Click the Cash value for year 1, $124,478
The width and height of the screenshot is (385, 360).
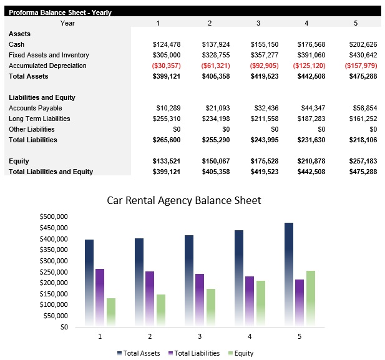coord(166,44)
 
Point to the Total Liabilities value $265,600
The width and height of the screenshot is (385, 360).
coord(166,140)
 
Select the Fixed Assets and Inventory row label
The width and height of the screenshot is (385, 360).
coord(49,55)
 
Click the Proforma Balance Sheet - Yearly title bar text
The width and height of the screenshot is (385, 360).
coord(60,12)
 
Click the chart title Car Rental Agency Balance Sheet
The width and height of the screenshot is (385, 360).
coord(184,200)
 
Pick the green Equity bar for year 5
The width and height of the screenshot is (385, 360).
coord(310,298)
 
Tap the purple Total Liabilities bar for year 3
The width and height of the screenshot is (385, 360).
coord(200,299)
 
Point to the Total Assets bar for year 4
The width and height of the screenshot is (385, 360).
coord(239,278)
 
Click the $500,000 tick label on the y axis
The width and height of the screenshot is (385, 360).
coord(53,216)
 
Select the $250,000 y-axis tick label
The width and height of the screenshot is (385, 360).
coord(53,272)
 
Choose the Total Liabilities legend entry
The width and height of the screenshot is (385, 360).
coord(193,353)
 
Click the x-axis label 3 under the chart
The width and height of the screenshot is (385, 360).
coord(200,336)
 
